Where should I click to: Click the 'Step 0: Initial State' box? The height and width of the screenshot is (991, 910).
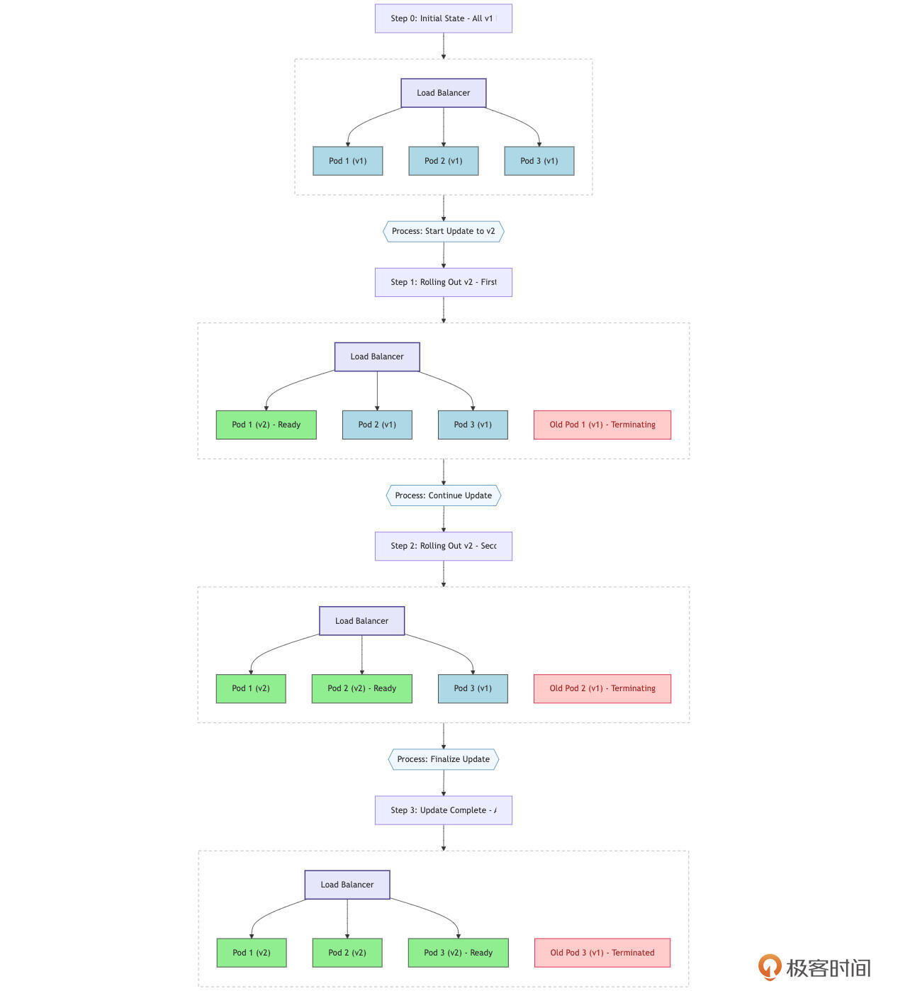[443, 18]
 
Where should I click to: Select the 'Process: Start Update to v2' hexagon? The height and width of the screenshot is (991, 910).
[443, 231]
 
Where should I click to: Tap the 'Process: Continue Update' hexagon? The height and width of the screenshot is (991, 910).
[443, 495]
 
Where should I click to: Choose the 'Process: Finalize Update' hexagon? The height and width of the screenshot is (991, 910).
[443, 759]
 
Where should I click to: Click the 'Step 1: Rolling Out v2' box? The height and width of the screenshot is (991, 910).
[443, 282]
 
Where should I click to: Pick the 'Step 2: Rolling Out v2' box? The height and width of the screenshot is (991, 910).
[443, 546]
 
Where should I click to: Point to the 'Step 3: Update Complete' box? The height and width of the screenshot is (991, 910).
[443, 810]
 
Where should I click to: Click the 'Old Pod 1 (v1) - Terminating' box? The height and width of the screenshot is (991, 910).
[602, 425]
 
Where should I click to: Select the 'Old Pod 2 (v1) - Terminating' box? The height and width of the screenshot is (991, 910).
[602, 688]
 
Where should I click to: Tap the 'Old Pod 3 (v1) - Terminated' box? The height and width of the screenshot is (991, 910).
[602, 953]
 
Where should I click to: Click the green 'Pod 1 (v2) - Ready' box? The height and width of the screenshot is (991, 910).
[266, 425]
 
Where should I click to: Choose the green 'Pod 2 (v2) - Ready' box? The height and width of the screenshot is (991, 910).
[361, 688]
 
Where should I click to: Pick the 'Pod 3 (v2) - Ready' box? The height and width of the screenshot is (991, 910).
[458, 953]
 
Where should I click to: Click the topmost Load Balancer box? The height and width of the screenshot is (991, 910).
[443, 93]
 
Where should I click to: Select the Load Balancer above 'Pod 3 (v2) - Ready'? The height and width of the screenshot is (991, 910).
[347, 885]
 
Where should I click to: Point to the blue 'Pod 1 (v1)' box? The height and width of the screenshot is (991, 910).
[347, 161]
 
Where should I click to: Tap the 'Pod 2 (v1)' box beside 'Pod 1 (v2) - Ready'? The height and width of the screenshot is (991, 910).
[376, 425]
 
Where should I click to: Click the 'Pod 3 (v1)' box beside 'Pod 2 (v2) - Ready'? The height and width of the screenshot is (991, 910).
[473, 688]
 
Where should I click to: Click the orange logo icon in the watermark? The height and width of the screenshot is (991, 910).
[769, 967]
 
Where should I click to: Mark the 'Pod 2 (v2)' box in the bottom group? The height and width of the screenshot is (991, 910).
[347, 953]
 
